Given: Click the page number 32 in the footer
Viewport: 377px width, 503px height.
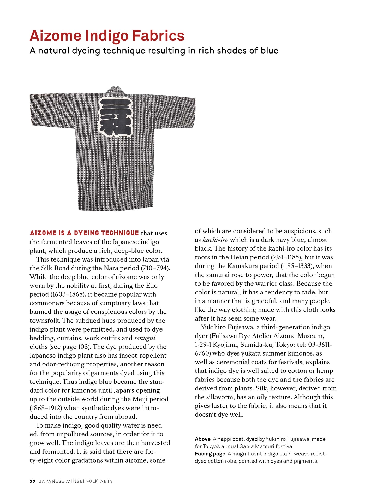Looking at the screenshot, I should [32, 482].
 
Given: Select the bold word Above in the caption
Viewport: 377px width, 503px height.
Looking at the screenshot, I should [203, 439].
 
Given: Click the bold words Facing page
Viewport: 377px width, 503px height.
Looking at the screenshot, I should [210, 454].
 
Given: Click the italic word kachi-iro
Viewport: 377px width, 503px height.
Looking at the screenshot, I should [215, 240].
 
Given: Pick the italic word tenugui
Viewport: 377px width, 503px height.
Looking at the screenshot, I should [145, 338].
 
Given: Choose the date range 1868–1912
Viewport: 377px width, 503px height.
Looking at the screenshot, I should [45, 408].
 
